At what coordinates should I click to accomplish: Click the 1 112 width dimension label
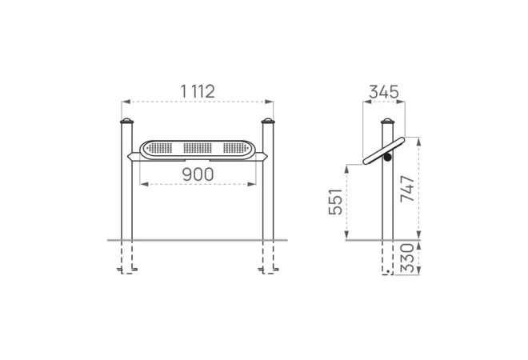198,91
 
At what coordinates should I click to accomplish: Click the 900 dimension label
198,174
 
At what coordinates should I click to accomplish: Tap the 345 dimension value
384,92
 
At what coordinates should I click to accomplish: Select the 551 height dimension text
336,202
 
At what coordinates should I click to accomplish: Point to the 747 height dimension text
407,189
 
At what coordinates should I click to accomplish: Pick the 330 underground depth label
406,258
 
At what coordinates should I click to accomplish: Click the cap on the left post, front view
126,121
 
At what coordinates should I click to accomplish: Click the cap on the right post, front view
268,121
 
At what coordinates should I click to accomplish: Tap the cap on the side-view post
387,121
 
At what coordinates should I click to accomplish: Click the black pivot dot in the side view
388,157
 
